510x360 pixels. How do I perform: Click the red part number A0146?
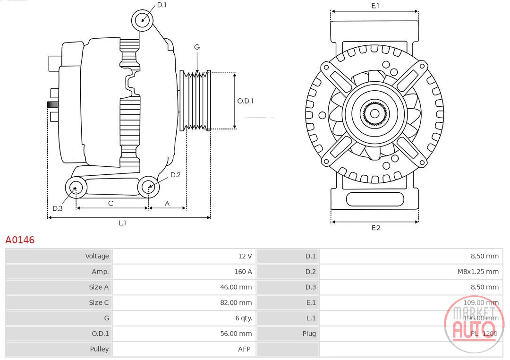20,240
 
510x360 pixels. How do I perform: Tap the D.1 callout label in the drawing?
161,5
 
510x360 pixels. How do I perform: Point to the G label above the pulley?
197,47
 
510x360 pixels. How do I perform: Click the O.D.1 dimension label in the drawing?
245,101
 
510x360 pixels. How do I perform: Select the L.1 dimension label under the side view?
122,223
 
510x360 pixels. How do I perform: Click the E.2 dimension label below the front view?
376,228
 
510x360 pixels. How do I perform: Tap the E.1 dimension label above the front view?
375,6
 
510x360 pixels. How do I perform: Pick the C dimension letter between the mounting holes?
110,204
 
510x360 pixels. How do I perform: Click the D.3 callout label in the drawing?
58,208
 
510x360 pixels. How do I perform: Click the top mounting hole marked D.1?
142,20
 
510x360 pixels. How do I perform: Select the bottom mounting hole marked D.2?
148,187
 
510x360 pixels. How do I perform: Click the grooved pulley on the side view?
195,101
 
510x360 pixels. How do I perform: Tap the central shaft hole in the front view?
374,113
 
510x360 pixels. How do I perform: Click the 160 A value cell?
243,272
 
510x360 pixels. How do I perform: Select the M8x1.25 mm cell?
478,272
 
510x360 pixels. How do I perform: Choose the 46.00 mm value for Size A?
236,287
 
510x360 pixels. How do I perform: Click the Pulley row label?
99,349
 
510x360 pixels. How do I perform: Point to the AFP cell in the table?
244,349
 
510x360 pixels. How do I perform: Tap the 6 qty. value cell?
244,318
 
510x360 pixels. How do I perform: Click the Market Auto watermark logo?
474,324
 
